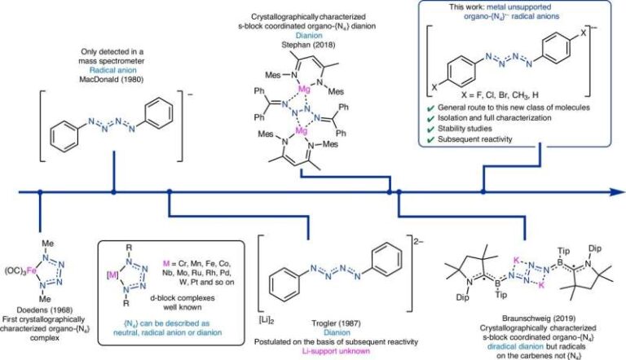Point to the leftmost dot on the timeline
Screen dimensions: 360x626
click(x=38, y=192)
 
